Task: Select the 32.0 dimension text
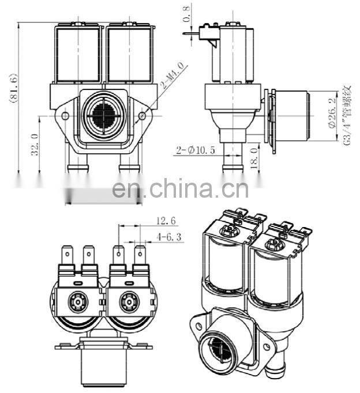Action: [x=34, y=144]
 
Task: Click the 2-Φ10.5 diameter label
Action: [x=196, y=150]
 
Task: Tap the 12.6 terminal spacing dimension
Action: [x=165, y=220]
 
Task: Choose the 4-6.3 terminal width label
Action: [x=168, y=236]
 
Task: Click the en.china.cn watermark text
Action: [x=180, y=188]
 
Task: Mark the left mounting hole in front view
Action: [x=65, y=116]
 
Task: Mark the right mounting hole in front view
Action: [x=142, y=116]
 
